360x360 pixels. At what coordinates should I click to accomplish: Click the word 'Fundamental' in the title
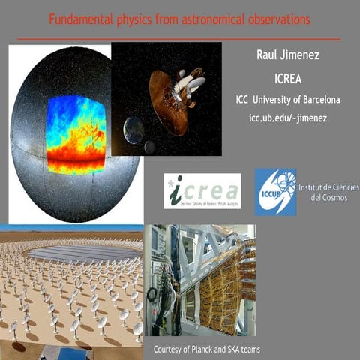78,17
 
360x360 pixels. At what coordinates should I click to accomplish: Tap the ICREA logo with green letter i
202,191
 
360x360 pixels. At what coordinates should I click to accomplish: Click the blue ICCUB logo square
274,192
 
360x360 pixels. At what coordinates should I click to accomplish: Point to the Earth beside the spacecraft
135,130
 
